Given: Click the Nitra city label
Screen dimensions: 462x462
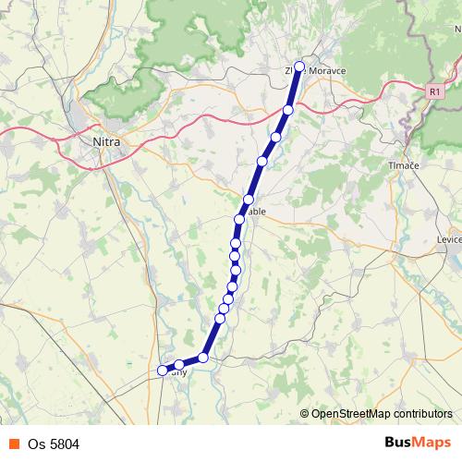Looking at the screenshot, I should (x=107, y=142).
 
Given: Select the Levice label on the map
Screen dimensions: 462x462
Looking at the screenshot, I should (x=447, y=239).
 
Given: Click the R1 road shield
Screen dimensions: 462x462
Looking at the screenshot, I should (x=435, y=91).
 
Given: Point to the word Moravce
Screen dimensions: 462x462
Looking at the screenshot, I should (x=327, y=70).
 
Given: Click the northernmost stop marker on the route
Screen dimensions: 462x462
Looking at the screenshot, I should (x=299, y=67).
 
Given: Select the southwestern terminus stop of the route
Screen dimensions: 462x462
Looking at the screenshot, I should (x=163, y=371).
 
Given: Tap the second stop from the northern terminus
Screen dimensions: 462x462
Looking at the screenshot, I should (x=287, y=110).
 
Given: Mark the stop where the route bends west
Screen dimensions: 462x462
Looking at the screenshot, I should (x=203, y=357).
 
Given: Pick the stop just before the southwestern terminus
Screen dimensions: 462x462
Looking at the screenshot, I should (x=178, y=365).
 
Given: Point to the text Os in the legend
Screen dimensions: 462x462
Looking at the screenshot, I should (x=34, y=444).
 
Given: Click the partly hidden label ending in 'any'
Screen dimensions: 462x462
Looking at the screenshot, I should (x=179, y=373).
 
